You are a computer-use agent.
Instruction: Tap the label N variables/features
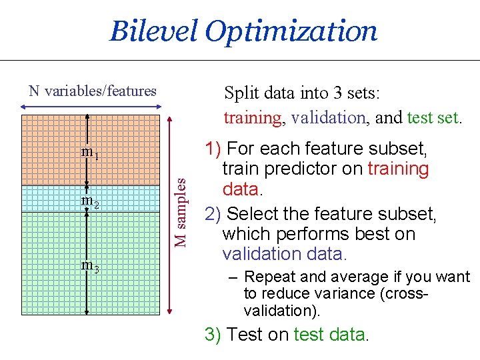pyautogui.click(x=93, y=91)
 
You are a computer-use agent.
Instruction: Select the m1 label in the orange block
pyautogui.click(x=90, y=153)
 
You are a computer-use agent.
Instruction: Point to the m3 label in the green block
pyautogui.click(x=90, y=265)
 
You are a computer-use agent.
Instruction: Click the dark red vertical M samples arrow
pyautogui.click(x=171, y=213)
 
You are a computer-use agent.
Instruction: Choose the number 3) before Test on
pyautogui.click(x=213, y=334)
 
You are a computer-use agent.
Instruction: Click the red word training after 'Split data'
pyautogui.click(x=253, y=118)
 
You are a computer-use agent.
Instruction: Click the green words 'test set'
pyautogui.click(x=432, y=118)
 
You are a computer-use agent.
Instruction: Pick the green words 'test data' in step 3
pyautogui.click(x=329, y=334)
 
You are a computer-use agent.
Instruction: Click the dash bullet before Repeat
pyautogui.click(x=232, y=277)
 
